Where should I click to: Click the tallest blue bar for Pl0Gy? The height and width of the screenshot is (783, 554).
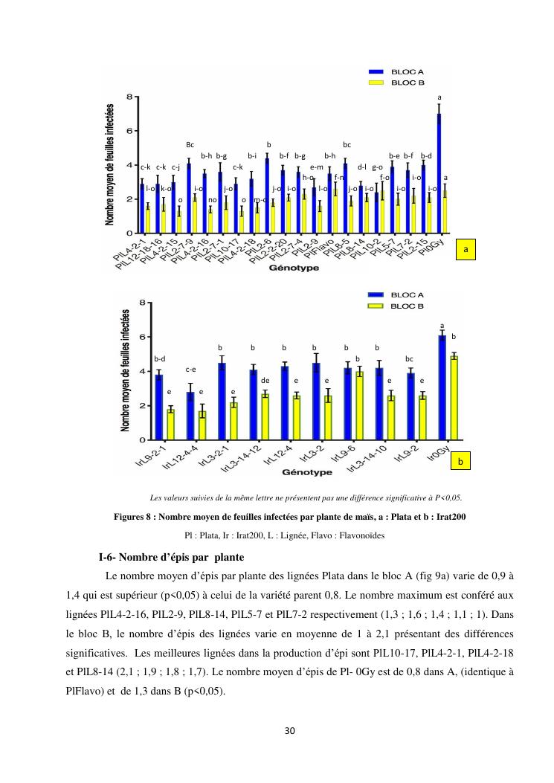pyautogui.click(x=439, y=173)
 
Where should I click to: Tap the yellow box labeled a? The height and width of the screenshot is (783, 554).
pyautogui.click(x=466, y=251)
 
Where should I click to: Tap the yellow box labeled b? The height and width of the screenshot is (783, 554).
pyautogui.click(x=461, y=462)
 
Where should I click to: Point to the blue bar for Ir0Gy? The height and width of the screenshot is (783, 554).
pyautogui.click(x=442, y=387)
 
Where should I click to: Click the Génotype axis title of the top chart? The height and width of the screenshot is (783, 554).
pyautogui.click(x=294, y=268)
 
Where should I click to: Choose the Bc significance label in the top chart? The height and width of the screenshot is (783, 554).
pyautogui.click(x=190, y=144)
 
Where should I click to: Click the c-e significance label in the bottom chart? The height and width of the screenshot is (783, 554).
pyautogui.click(x=190, y=370)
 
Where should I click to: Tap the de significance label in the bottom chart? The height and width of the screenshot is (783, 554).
pyautogui.click(x=265, y=380)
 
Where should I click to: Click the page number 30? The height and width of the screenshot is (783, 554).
pyautogui.click(x=290, y=730)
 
